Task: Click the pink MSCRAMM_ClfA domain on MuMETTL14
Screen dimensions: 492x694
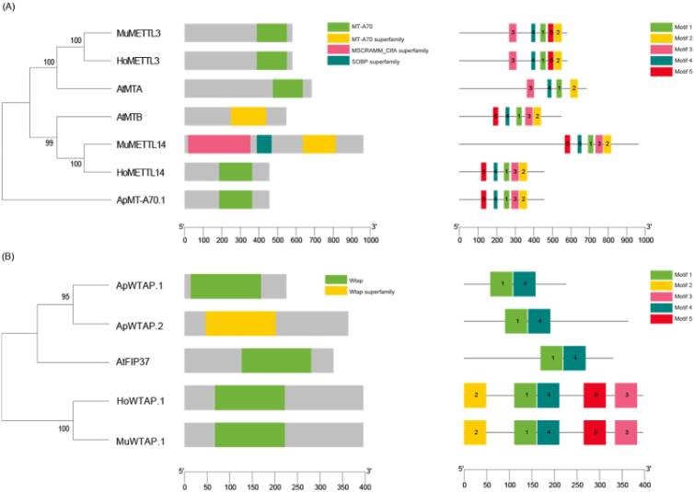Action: pos(219,143)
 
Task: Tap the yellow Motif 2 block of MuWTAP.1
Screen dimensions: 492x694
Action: pos(475,431)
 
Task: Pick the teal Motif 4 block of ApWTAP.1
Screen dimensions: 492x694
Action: pos(525,285)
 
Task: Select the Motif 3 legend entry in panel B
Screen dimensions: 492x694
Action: pos(663,295)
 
